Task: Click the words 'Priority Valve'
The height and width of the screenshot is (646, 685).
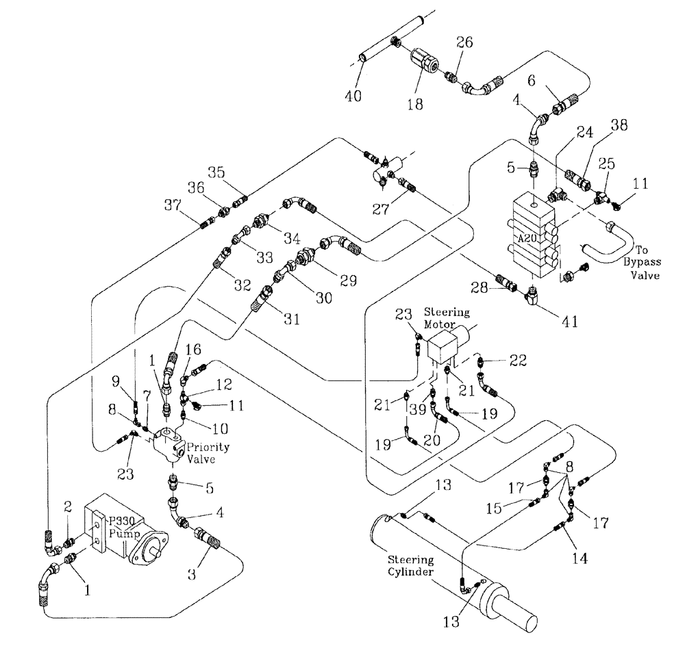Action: click(210, 453)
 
